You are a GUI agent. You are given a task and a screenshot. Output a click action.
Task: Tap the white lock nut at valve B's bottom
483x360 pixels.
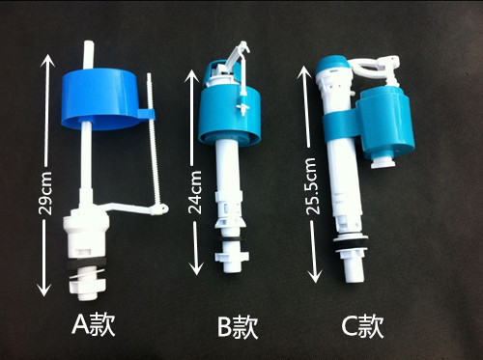coord(232,262)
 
